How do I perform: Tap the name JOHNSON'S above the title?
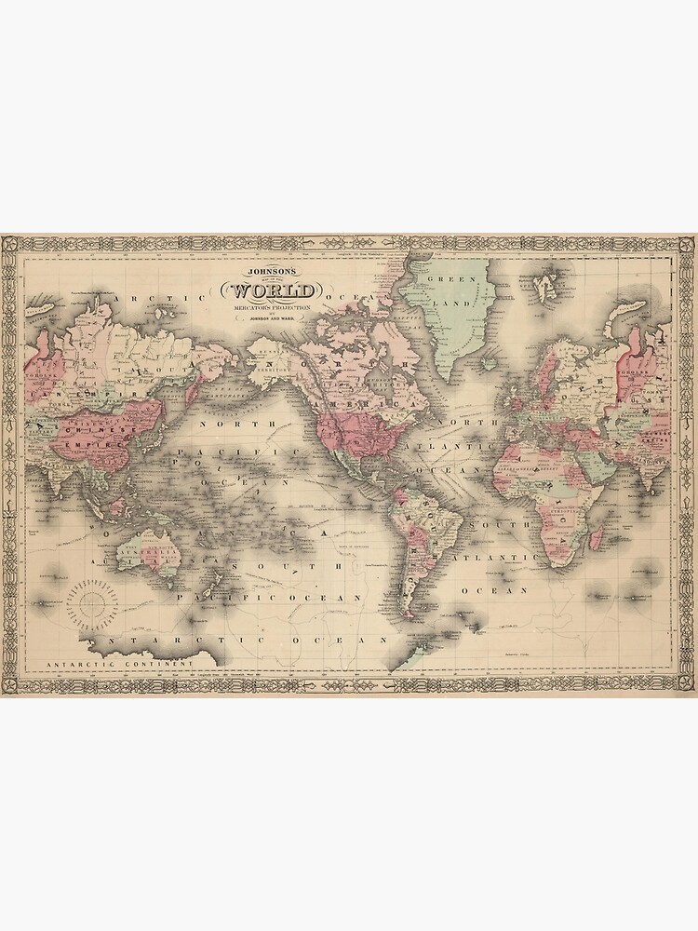(269, 272)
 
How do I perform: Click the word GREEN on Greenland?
(445, 278)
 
